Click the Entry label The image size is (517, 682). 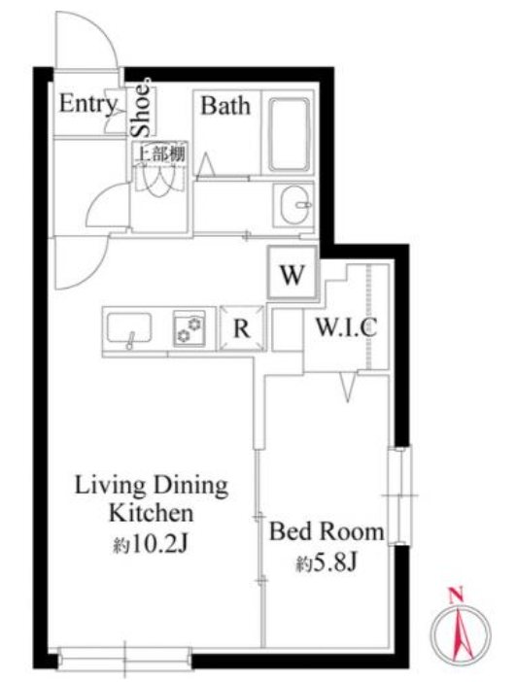[88, 104]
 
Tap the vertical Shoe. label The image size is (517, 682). [141, 108]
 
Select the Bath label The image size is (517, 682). [225, 106]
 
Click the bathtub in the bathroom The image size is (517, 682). [289, 134]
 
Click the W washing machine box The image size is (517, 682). [293, 273]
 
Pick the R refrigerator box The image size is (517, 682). [242, 328]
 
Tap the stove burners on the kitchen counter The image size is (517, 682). [190, 328]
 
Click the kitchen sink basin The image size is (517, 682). [129, 327]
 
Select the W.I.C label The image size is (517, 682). [346, 327]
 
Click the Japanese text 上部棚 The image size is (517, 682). [161, 153]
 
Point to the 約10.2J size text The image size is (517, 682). [151, 544]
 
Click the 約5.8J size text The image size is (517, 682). [327, 564]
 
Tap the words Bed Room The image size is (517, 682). [327, 532]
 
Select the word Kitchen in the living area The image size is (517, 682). [151, 513]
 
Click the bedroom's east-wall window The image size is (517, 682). [399, 495]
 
